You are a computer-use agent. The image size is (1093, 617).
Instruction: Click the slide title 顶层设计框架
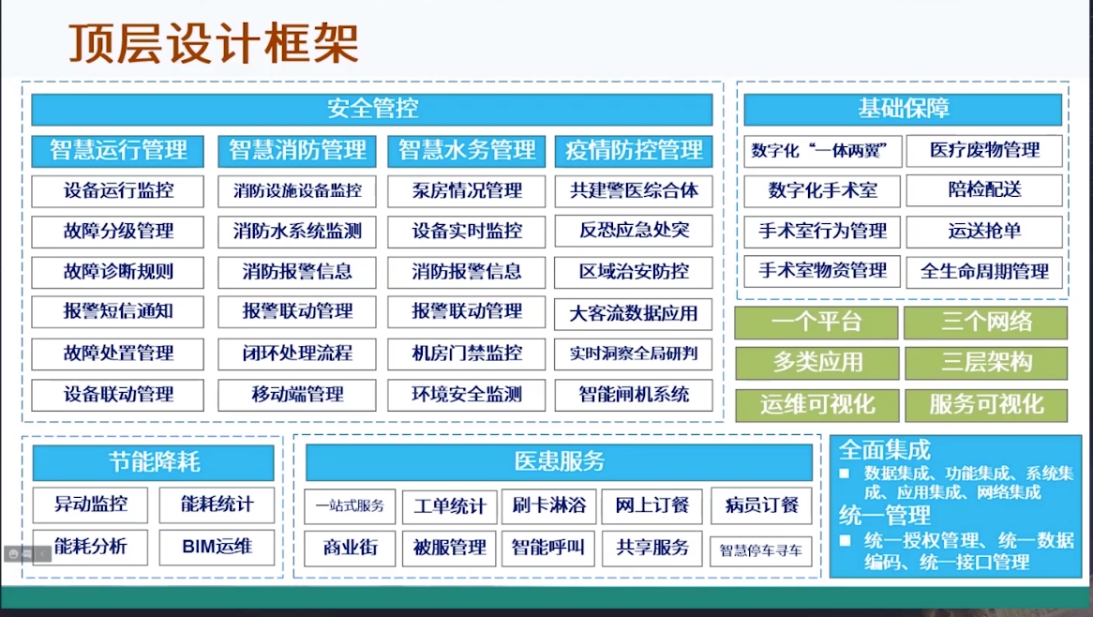pyautogui.click(x=214, y=43)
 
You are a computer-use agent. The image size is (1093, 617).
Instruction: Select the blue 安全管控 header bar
pyautogui.click(x=372, y=109)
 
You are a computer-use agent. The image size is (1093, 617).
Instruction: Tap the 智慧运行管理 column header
pyautogui.click(x=118, y=151)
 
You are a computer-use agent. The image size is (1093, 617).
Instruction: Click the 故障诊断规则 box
pyautogui.click(x=118, y=271)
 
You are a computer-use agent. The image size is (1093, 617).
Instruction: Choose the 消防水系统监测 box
pyautogui.click(x=297, y=232)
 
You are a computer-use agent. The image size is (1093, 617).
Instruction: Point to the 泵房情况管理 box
pyautogui.click(x=466, y=191)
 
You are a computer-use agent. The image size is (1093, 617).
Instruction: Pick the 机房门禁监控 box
pyautogui.click(x=466, y=354)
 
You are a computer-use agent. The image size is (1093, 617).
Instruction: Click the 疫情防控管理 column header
pyautogui.click(x=634, y=151)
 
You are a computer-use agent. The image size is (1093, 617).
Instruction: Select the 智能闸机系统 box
pyautogui.click(x=634, y=395)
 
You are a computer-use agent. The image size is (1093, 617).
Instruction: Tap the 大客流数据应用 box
pyautogui.click(x=634, y=314)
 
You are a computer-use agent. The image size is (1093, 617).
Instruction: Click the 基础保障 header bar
pyautogui.click(x=903, y=109)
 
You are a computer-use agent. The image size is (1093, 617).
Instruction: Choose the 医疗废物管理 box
pyautogui.click(x=984, y=151)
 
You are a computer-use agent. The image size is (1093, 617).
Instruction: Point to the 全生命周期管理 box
pyautogui.click(x=984, y=271)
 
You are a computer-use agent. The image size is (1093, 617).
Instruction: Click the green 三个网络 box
pyautogui.click(x=985, y=322)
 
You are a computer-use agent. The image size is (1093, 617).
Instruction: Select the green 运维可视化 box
pyautogui.click(x=817, y=404)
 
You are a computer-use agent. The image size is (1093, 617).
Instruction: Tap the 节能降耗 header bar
pyautogui.click(x=154, y=462)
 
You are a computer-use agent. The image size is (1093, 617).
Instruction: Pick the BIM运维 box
pyautogui.click(x=217, y=548)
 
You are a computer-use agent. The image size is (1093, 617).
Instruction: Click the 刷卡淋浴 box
pyautogui.click(x=548, y=506)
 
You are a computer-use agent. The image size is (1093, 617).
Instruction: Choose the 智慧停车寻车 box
pyautogui.click(x=760, y=550)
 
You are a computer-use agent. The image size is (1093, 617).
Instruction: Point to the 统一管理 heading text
pyautogui.click(x=885, y=516)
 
